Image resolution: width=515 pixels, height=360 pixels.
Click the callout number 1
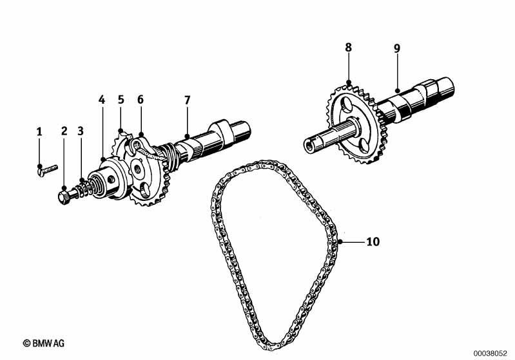pos(39,132)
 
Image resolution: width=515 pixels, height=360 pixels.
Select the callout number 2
pos(64,131)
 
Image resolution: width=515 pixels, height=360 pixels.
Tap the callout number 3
pos(81,131)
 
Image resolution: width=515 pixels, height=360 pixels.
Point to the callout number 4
pos(102,100)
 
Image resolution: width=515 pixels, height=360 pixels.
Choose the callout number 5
pos(121,99)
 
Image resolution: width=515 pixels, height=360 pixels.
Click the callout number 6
pos(141,99)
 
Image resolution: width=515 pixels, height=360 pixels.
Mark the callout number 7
pos(187,100)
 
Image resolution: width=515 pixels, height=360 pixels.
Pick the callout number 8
pos(349,47)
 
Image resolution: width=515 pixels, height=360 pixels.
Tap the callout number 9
pos(397,48)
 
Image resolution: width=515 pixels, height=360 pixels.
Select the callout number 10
pos(373,242)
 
